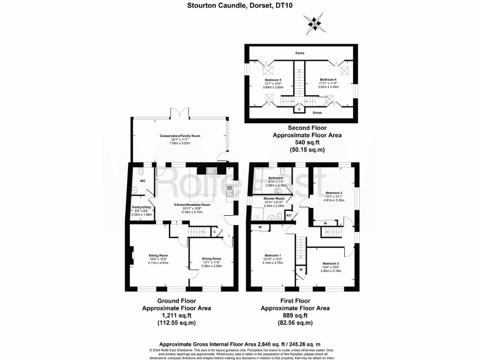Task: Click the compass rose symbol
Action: click(314, 22)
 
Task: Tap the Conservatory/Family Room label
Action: click(180, 136)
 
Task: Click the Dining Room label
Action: click(211, 259)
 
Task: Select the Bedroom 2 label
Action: click(334, 193)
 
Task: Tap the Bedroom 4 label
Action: click(328, 80)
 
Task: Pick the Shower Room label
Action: click(271, 198)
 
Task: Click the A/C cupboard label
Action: click(289, 215)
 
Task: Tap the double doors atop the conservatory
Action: click(180, 113)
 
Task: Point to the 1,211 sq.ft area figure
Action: click(176, 315)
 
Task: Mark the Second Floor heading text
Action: click(307, 127)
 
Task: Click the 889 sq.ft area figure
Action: click(295, 315)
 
